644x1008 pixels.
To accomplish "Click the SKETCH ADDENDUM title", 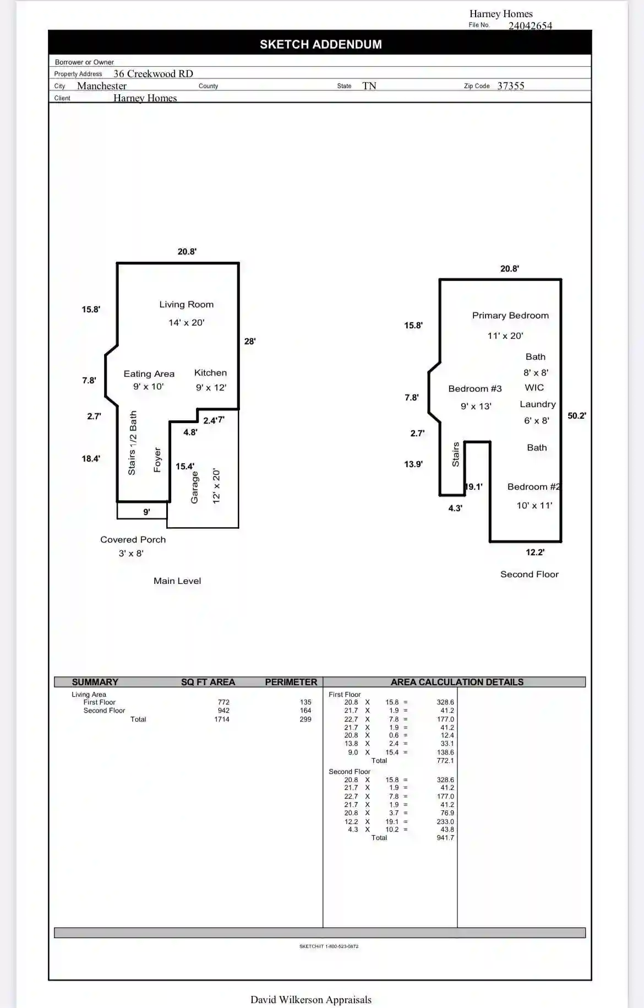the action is (321, 45).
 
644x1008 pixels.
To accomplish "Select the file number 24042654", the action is (530, 26).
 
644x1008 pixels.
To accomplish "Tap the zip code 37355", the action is (511, 86).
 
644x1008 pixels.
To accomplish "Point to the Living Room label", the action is (187, 305).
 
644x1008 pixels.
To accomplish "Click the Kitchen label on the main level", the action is (210, 373).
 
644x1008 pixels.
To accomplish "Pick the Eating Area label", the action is (149, 374).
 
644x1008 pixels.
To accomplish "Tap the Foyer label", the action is (157, 460).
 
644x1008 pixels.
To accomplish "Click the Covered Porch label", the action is (133, 540).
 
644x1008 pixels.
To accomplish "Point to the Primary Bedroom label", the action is (510, 316).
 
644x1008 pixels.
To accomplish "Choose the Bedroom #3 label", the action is (475, 389).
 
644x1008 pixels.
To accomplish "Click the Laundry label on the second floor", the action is (538, 404).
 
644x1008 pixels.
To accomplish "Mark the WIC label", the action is (534, 388).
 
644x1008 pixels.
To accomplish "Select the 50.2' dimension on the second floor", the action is (577, 416).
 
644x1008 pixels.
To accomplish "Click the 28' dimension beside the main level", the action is (250, 342).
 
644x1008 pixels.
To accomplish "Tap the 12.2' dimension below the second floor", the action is (535, 552).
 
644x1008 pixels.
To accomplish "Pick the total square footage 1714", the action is (222, 719).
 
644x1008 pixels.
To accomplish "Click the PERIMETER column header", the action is (291, 682).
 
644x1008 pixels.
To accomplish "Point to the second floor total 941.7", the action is (445, 838).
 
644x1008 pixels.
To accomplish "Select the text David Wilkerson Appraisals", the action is (311, 1000).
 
